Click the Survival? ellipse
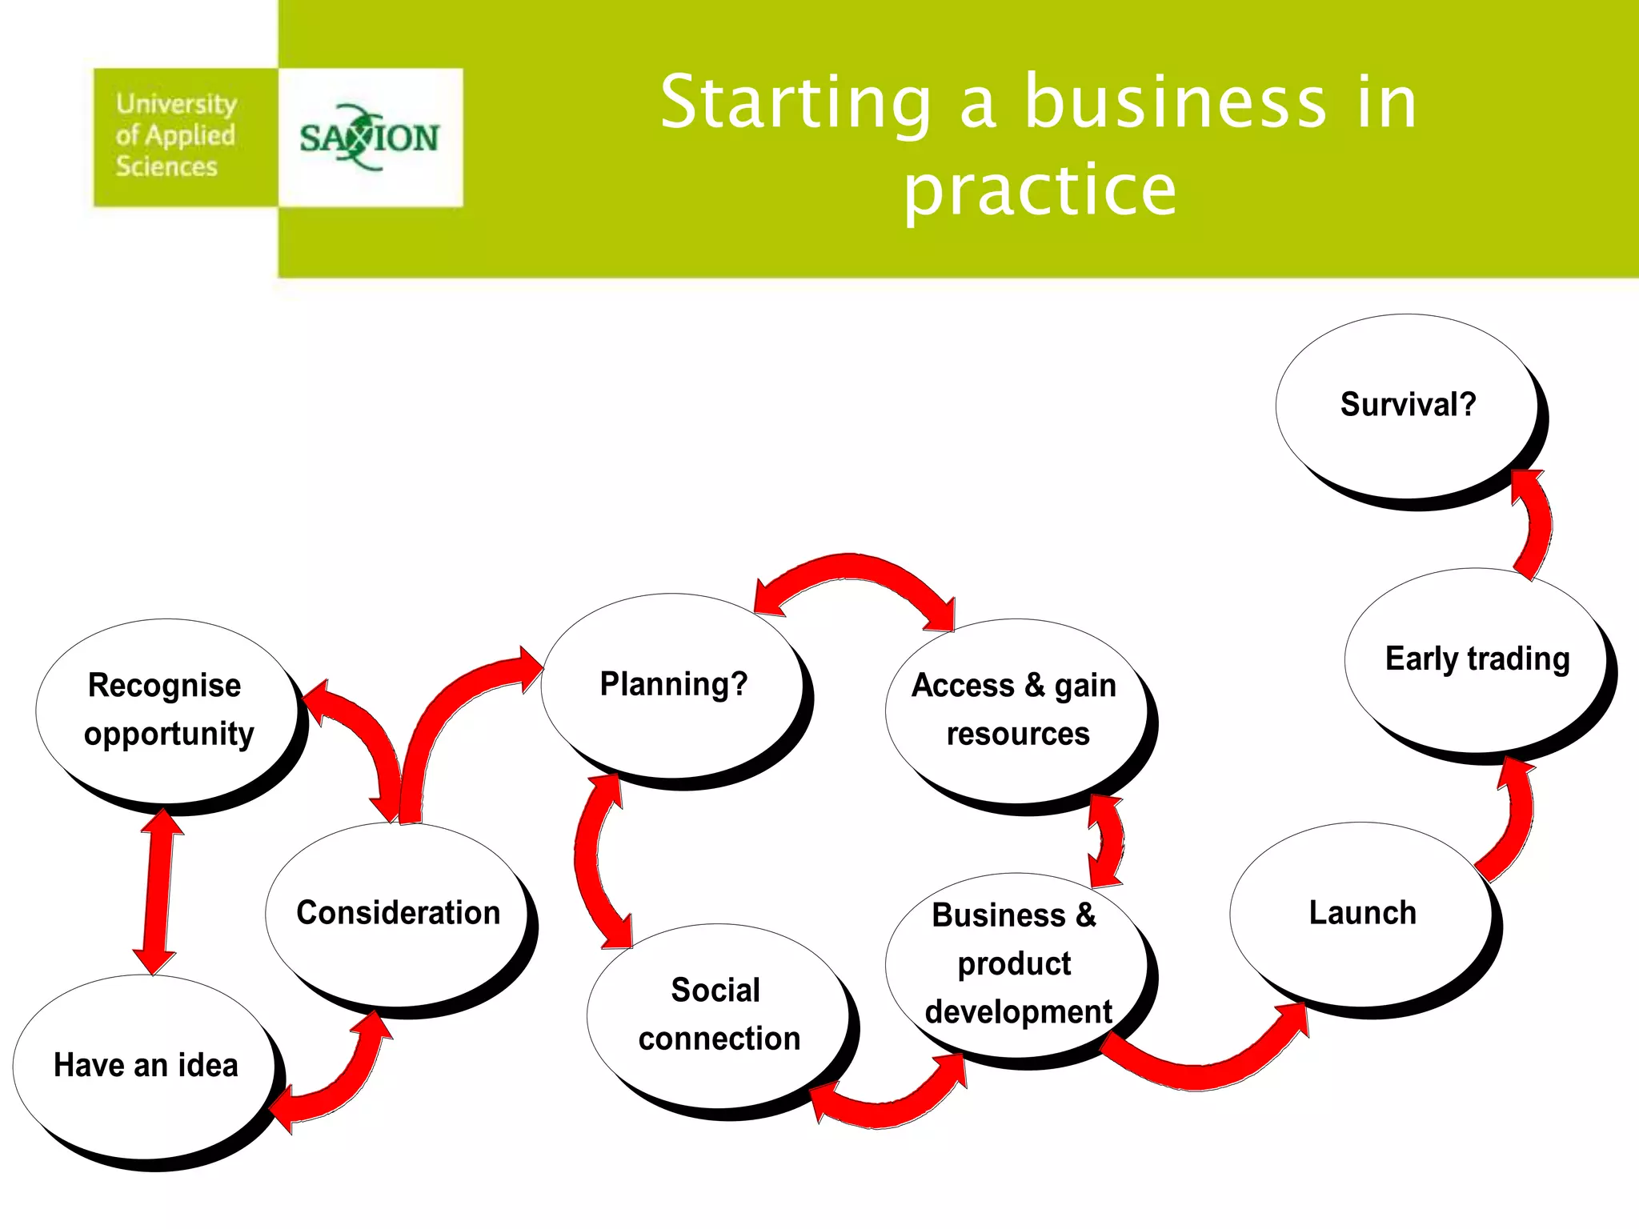1406,406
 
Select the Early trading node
1476,660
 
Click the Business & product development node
1016,964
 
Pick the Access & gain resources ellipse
1016,710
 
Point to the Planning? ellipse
672,685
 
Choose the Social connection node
718,1015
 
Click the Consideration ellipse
397,914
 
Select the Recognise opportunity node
166,710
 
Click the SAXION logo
370,138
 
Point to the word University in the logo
176,104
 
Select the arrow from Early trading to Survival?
1535,524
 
